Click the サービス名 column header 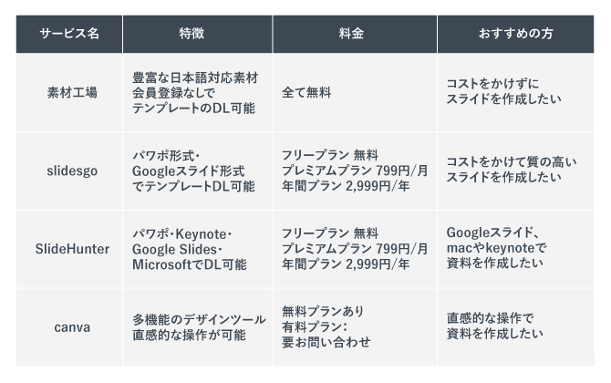tap(69, 33)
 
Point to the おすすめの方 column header tap(514, 33)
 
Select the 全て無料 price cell tap(306, 93)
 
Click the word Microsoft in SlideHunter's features tap(165, 264)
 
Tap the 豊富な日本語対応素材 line tap(194, 78)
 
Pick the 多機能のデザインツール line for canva tap(199, 319)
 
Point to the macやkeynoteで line tap(497, 248)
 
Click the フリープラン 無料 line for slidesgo tap(329, 155)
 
